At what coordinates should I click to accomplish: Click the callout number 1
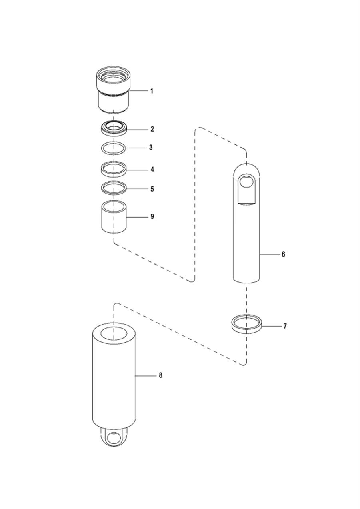pyautogui.click(x=152, y=91)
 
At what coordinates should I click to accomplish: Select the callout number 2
pyautogui.click(x=152, y=129)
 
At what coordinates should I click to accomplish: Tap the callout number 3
pyautogui.click(x=151, y=148)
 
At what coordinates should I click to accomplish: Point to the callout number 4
pyautogui.click(x=152, y=170)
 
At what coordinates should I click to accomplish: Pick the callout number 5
pyautogui.click(x=152, y=189)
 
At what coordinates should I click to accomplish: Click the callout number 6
pyautogui.click(x=283, y=254)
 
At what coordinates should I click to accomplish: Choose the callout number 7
pyautogui.click(x=285, y=326)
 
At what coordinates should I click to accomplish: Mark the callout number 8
pyautogui.click(x=160, y=375)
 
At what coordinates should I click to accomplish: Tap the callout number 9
pyautogui.click(x=152, y=217)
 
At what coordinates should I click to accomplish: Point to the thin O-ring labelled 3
pyautogui.click(x=114, y=148)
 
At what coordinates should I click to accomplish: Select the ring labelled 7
pyautogui.click(x=246, y=323)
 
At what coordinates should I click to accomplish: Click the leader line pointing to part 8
pyautogui.click(x=146, y=375)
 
